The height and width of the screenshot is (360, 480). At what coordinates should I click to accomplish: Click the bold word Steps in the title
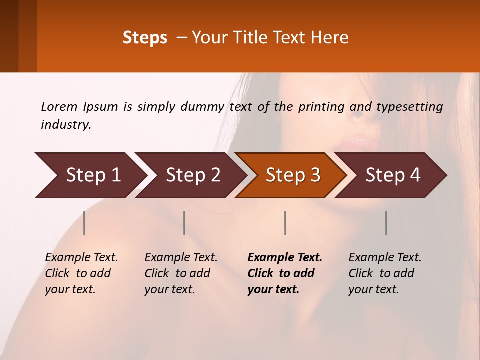[x=145, y=38]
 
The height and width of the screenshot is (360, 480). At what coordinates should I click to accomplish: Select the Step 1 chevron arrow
[x=90, y=175]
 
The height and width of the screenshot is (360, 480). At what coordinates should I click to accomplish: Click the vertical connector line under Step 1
[x=84, y=223]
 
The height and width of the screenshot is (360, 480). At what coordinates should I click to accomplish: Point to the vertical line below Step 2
[x=184, y=223]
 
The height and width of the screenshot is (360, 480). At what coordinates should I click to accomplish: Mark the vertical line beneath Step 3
[x=285, y=223]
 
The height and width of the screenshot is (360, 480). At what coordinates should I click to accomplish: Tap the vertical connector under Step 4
[x=386, y=223]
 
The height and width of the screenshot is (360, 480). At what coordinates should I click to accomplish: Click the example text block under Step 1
[x=81, y=273]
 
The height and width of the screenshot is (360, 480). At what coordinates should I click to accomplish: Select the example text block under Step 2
[x=181, y=273]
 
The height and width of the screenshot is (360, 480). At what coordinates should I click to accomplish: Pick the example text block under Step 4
[x=385, y=273]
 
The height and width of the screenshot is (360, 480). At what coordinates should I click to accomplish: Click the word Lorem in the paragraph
[x=59, y=107]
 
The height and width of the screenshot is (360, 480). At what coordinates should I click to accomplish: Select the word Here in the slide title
[x=330, y=38]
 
